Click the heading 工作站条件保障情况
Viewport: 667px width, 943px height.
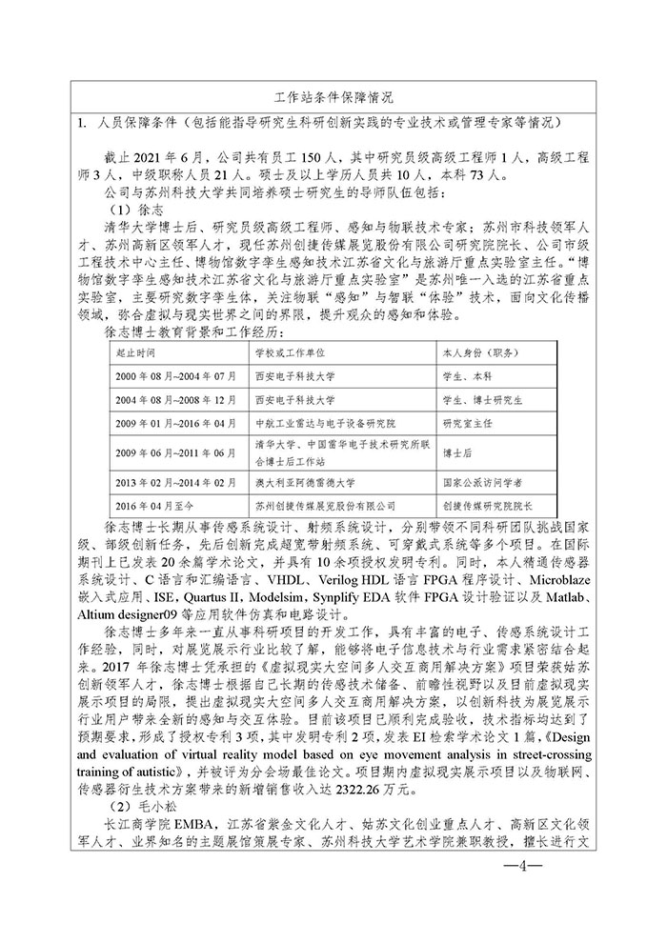[x=333, y=97]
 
